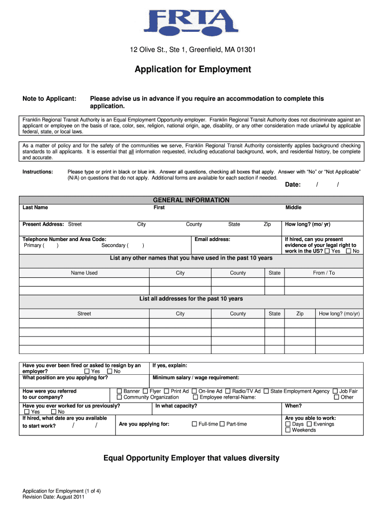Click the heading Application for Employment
[192, 69]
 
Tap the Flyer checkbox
[145, 391]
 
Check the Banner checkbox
[119, 391]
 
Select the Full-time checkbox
[194, 424]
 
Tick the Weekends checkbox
[288, 430]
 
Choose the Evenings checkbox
[309, 424]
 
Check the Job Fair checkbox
[335, 391]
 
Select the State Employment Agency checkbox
[267, 391]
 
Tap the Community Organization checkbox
[119, 397]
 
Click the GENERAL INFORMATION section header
[191, 200]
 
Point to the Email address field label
[212, 239]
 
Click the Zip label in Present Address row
[267, 224]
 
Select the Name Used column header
[84, 273]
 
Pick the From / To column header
[324, 273]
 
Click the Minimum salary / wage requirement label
[196, 377]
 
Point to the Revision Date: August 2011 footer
[53, 497]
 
